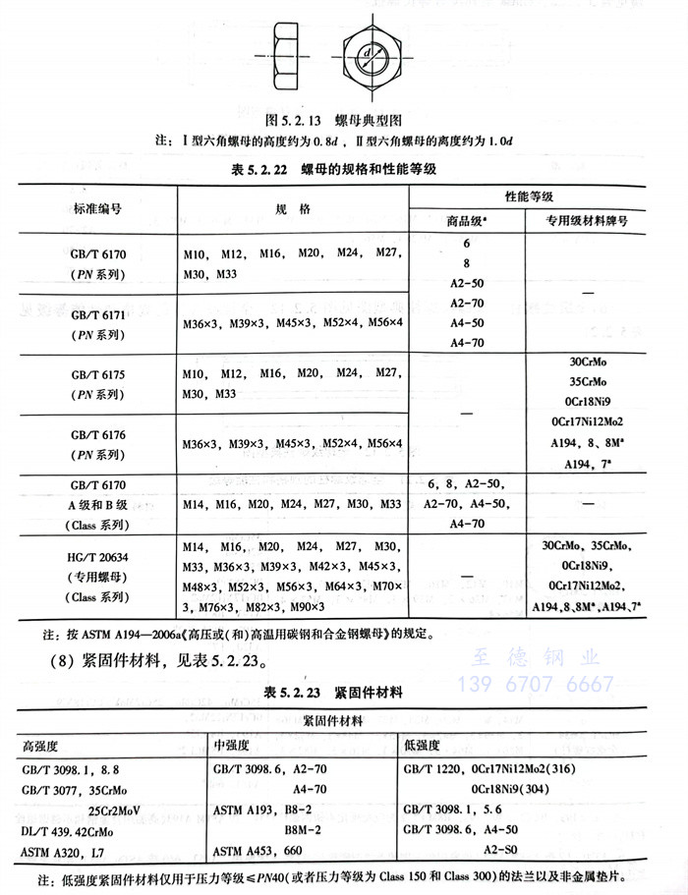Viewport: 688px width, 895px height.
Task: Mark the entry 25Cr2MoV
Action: coord(117,810)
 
